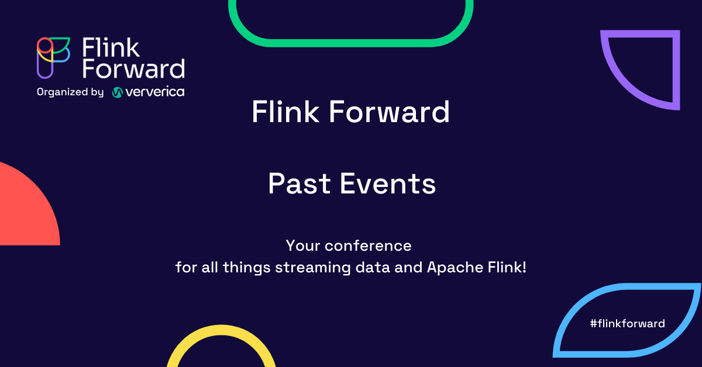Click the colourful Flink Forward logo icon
53,57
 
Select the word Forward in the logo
133,68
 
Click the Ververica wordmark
156,92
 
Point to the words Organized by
70,92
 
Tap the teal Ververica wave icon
117,92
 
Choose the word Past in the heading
299,184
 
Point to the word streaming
308,268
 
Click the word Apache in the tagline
453,268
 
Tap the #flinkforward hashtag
627,323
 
